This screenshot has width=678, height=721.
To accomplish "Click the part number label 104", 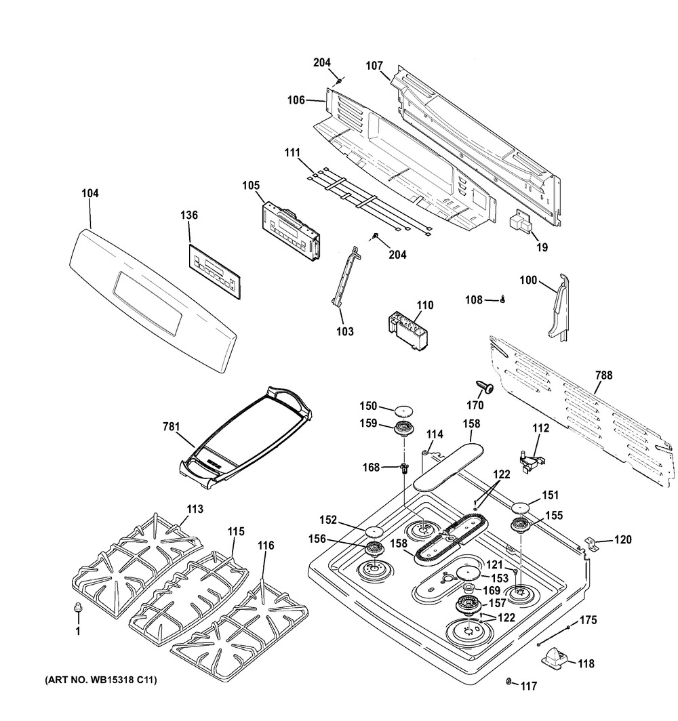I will point(90,193).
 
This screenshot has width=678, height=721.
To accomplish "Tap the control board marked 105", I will point(290,230).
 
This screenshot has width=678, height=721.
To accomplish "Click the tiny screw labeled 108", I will point(503,299).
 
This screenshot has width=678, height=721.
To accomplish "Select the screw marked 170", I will point(485,386).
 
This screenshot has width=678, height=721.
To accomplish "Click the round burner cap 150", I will point(405,410).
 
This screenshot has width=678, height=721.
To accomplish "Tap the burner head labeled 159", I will point(405,429).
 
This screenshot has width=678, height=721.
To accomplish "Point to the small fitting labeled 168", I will point(405,468).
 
